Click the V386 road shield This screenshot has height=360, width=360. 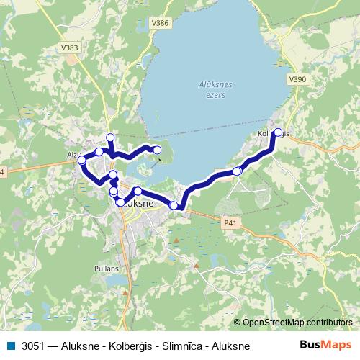click(x=161, y=24)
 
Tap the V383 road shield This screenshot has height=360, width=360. click(x=70, y=48)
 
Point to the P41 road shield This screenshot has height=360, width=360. click(x=230, y=223)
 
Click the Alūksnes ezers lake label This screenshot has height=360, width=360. click(x=215, y=89)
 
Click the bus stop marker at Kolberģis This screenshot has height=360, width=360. click(x=278, y=132)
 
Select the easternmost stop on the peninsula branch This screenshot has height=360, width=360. click(x=158, y=150)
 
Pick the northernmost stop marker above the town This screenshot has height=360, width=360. click(x=110, y=138)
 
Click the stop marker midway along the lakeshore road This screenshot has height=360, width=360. click(x=237, y=171)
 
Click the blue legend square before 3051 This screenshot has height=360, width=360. click(x=9, y=346)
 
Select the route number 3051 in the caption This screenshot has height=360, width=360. click(x=32, y=346)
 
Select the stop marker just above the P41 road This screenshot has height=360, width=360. click(x=174, y=206)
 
